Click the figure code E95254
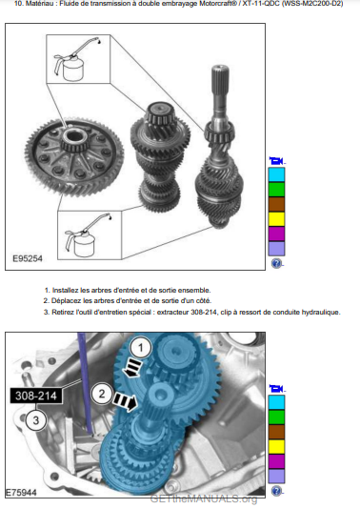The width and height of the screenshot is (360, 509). (28, 258)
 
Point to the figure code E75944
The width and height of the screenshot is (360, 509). (21, 493)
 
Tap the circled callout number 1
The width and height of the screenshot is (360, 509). (140, 348)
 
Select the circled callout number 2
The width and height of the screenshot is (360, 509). (102, 394)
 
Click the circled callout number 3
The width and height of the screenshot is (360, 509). (35, 420)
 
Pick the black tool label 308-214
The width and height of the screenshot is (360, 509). (36, 396)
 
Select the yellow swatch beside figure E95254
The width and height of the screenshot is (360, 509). (276, 219)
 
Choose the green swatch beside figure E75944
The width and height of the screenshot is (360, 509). (276, 417)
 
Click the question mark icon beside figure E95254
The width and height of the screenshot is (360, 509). (276, 263)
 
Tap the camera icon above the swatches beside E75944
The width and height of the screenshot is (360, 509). (276, 388)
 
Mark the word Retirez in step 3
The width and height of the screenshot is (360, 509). (63, 313)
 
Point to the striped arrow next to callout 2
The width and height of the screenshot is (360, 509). (125, 401)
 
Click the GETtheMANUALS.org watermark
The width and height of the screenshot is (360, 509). (204, 499)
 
